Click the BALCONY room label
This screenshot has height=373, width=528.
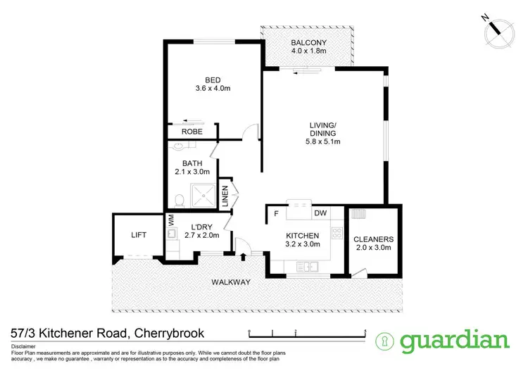[308, 42]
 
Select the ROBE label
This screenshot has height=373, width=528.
[191, 132]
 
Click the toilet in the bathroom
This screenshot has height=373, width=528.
[180, 199]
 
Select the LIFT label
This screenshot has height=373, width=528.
[138, 235]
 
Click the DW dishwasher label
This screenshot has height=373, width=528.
[320, 213]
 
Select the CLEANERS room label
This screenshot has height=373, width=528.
[373, 239]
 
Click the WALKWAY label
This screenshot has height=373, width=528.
[231, 282]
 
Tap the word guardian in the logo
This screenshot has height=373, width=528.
[455, 341]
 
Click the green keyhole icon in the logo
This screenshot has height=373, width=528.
[386, 341]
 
